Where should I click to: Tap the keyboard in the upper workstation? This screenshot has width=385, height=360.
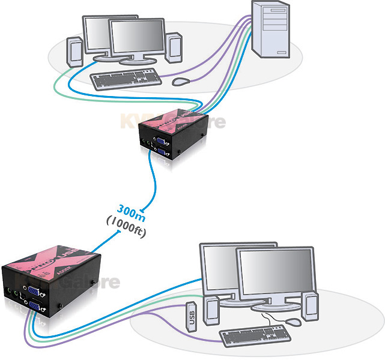coord(126,77)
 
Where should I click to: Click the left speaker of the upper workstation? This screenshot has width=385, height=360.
coord(74,51)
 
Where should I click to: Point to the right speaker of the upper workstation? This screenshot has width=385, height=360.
coord(174,47)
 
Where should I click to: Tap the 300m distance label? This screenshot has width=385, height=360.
coord(130,211)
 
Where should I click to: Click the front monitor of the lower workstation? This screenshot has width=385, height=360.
coord(276,276)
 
